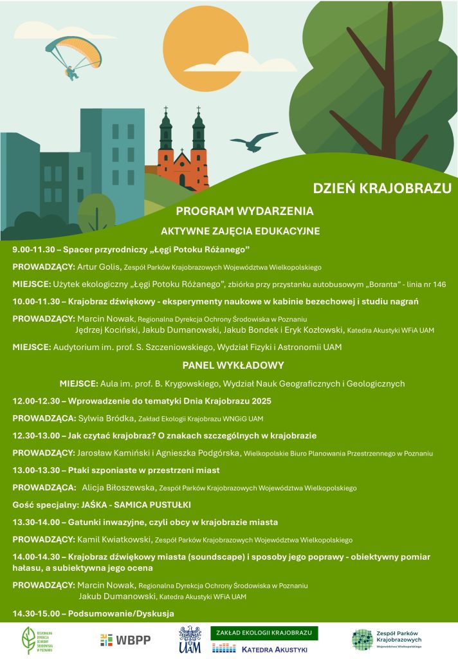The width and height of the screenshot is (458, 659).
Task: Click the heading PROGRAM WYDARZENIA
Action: [x=244, y=211]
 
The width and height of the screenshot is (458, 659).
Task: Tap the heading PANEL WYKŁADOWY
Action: [x=233, y=366]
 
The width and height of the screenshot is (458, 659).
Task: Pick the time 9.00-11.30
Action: [x=35, y=249]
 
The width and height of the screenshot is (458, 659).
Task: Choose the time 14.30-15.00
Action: [x=37, y=613]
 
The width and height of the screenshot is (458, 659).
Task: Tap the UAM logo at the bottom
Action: [x=190, y=640]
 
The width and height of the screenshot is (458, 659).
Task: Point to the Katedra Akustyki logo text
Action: [x=274, y=649]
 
